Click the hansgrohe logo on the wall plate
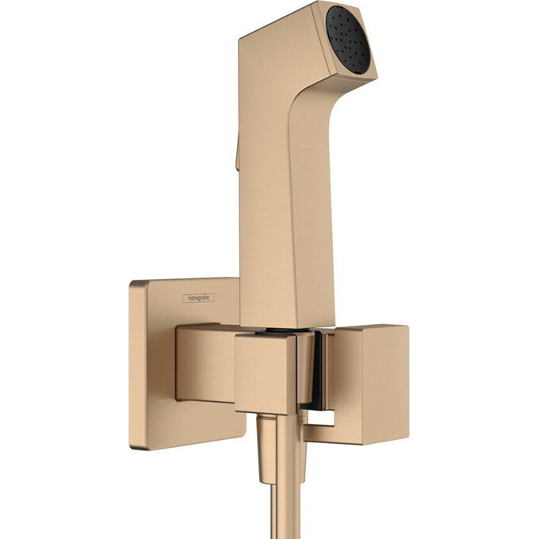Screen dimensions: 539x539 [x=201, y=298]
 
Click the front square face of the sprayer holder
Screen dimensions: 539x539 [x=266, y=373]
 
